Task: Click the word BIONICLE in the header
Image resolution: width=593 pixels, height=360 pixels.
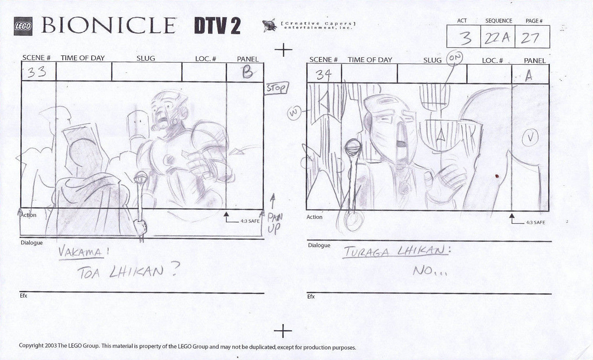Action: click(108, 26)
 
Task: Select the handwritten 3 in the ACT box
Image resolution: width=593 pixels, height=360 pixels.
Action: click(465, 38)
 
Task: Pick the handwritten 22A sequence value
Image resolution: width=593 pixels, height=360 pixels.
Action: click(497, 38)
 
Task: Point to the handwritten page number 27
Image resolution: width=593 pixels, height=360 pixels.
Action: click(530, 38)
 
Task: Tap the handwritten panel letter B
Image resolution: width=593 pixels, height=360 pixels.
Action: click(247, 72)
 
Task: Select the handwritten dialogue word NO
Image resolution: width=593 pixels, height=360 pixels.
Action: click(428, 271)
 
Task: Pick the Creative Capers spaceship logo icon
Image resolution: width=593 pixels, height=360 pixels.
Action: click(270, 25)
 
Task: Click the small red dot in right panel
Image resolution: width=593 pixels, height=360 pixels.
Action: click(496, 176)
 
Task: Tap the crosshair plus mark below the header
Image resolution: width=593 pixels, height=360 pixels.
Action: click(283, 50)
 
